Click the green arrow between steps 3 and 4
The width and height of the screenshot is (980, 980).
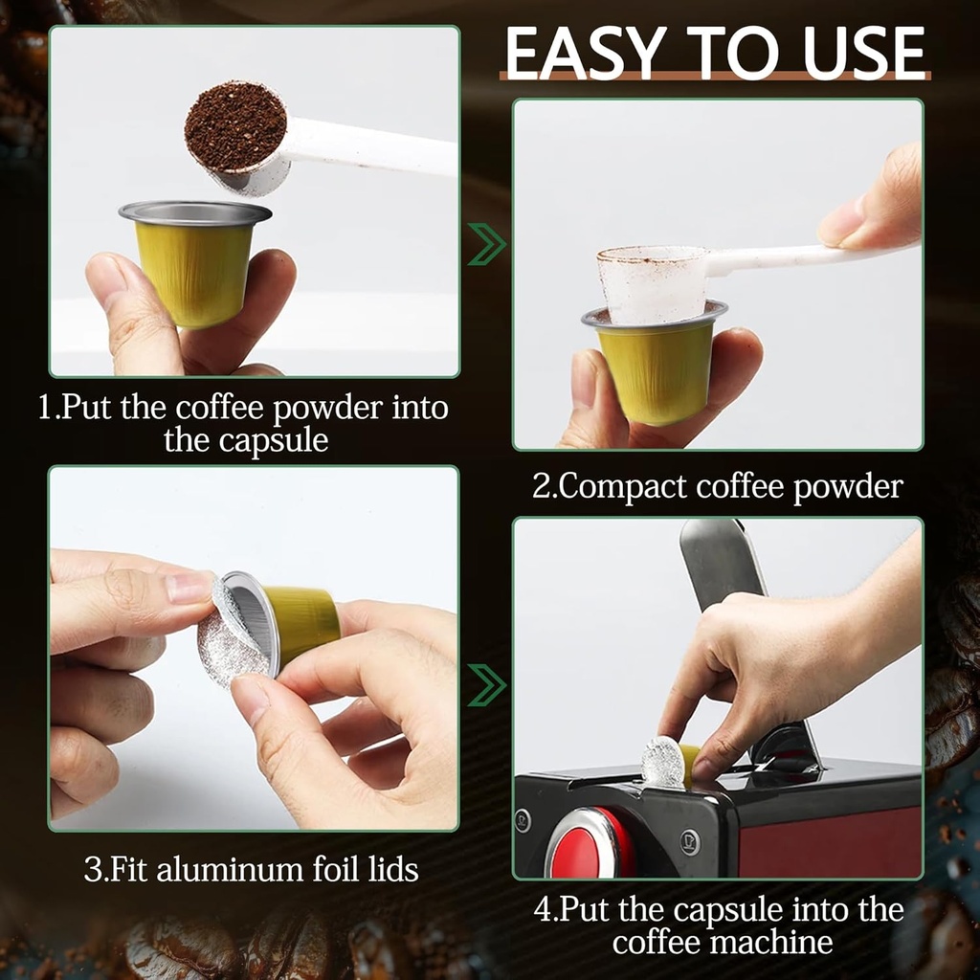pyautogui.click(x=486, y=684)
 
